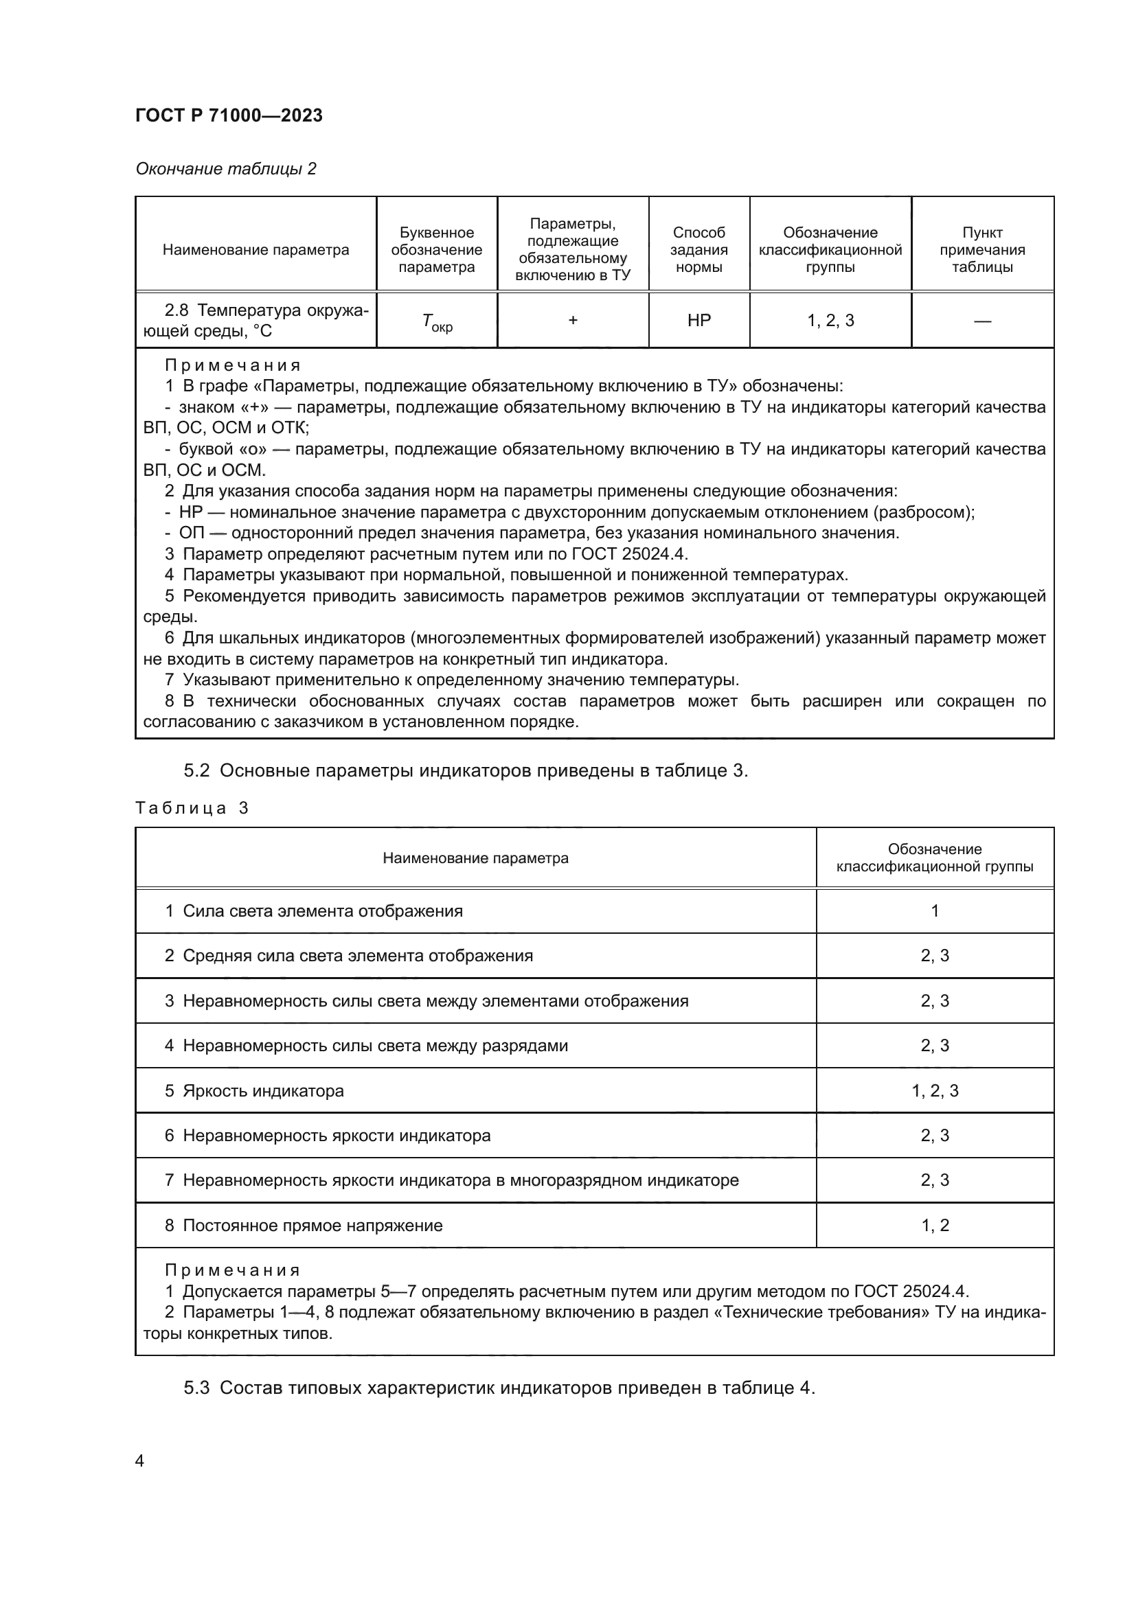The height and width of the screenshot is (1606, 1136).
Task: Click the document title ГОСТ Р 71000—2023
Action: click(229, 115)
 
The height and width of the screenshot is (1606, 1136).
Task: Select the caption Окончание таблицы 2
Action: click(225, 169)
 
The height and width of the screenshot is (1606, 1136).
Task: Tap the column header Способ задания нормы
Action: click(698, 250)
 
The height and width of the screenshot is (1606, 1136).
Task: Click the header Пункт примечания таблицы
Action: click(981, 250)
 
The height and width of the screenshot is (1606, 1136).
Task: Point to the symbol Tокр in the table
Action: click(437, 322)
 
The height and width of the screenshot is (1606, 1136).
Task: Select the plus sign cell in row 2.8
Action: click(572, 321)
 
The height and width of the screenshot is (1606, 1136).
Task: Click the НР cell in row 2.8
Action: click(698, 321)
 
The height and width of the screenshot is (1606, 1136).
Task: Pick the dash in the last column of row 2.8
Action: click(981, 321)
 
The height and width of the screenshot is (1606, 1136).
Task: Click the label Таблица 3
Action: click(192, 808)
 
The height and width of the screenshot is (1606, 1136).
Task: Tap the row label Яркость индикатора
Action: click(263, 1090)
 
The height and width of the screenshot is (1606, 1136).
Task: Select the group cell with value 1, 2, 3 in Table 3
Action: click(935, 1090)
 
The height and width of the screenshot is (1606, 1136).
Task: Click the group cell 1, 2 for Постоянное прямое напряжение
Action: click(935, 1225)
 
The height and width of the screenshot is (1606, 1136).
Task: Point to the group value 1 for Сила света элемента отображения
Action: click(935, 910)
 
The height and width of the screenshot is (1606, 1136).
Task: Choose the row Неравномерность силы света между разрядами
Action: click(375, 1045)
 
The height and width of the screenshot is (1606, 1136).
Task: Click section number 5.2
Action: click(196, 770)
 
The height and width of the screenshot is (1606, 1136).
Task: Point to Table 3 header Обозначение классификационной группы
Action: click(935, 858)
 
